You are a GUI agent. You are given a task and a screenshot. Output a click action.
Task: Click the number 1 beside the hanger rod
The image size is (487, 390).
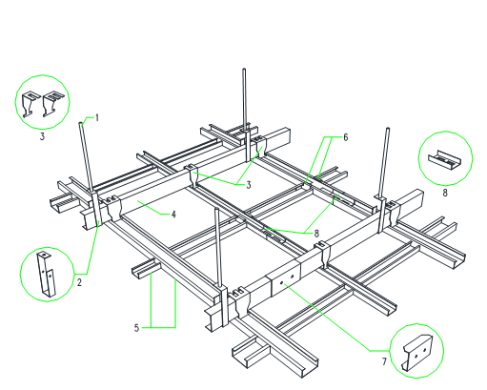pyautogui.click(x=97, y=118)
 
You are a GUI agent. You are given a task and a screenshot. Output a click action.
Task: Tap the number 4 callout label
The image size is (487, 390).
pyautogui.click(x=173, y=215)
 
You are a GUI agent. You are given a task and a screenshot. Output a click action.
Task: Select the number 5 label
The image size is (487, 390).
pyautogui.click(x=136, y=328)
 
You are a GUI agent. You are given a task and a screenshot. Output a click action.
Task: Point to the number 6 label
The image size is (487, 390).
pyautogui.click(x=346, y=137)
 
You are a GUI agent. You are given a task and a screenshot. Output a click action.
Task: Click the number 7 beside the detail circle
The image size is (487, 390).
pyautogui.click(x=384, y=361)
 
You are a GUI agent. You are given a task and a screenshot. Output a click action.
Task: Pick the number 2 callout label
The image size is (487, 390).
pyautogui.click(x=79, y=282)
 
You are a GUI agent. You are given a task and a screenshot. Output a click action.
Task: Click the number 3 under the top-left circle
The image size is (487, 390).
pyautogui.click(x=42, y=136)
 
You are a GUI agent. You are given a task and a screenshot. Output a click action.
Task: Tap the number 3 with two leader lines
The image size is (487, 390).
pyautogui.click(x=249, y=185)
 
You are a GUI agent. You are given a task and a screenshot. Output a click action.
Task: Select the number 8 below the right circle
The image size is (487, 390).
pyautogui.click(x=445, y=193)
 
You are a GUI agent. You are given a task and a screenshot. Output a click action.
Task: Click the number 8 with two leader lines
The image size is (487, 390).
pyautogui.click(x=316, y=234)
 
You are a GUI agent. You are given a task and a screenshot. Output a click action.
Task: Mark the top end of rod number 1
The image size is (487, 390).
pyautogui.click(x=81, y=123)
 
